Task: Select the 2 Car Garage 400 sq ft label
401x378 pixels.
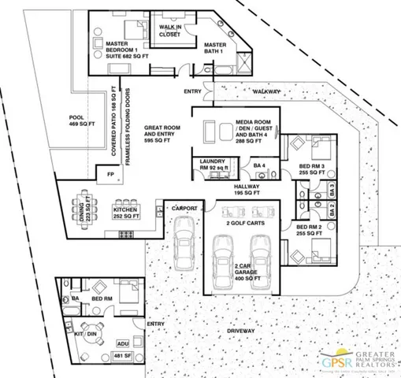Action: click(x=251, y=273)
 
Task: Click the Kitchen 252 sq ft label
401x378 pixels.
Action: click(x=127, y=211)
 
